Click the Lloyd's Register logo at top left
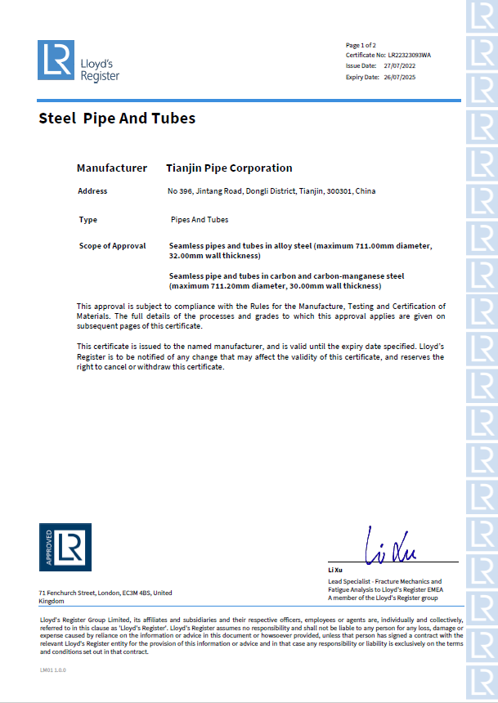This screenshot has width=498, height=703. (79, 61)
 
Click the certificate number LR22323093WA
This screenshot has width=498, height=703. (410, 55)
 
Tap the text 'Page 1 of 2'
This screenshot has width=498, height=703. (361, 44)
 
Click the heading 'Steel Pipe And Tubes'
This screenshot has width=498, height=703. (117, 119)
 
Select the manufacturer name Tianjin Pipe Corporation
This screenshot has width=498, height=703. (229, 168)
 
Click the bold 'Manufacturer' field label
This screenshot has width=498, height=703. (112, 168)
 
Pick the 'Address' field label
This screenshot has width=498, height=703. (92, 191)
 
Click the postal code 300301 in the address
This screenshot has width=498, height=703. (339, 191)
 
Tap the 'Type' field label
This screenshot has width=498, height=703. (87, 220)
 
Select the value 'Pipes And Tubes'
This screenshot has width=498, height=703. (199, 220)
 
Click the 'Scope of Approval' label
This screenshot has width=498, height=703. (112, 246)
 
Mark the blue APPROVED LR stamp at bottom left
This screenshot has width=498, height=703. (65, 547)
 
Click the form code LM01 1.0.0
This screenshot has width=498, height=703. (52, 669)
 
